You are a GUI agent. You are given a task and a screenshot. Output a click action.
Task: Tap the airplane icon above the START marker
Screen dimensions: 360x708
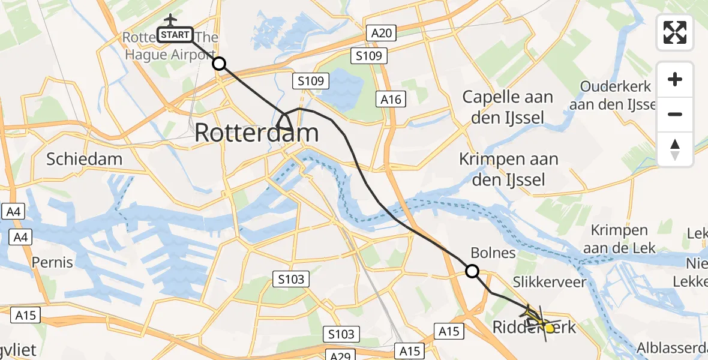click(x=170, y=20)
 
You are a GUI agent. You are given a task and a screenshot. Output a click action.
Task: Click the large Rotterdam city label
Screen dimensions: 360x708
click(x=256, y=133)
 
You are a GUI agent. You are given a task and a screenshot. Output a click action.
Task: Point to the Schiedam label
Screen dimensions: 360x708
click(x=85, y=159)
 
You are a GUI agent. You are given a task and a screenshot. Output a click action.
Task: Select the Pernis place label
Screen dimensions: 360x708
click(x=53, y=262)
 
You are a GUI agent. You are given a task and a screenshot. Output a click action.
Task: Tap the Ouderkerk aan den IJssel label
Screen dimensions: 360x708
click(x=618, y=95)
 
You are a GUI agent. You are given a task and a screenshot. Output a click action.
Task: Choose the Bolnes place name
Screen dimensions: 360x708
click(x=493, y=253)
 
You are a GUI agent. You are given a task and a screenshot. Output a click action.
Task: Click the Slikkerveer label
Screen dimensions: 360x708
click(x=544, y=282)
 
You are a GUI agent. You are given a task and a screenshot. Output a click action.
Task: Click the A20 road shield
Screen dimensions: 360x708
click(x=382, y=33)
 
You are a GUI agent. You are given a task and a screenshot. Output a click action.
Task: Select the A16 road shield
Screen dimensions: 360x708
click(x=390, y=99)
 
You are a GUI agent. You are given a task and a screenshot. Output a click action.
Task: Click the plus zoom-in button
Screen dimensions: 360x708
click(x=675, y=79)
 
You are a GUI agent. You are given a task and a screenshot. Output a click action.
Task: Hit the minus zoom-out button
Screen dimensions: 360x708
click(x=675, y=114)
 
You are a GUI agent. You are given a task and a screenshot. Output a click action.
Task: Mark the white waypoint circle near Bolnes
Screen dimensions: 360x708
click(x=473, y=271)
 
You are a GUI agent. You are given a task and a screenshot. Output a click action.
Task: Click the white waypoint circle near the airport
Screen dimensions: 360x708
click(x=220, y=64)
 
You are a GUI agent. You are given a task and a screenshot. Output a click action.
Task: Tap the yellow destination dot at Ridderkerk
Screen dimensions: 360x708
click(x=549, y=328)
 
